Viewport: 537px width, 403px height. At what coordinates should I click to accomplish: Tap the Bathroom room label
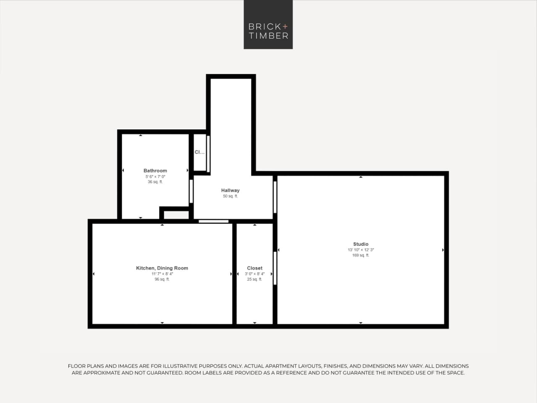(155, 171)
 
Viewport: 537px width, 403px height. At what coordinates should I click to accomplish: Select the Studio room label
(361, 244)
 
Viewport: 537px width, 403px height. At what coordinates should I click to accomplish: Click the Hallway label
(230, 190)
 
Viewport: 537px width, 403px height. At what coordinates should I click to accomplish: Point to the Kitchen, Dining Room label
(162, 268)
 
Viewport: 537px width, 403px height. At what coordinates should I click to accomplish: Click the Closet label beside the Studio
(254, 268)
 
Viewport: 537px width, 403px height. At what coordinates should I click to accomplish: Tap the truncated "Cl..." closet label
(199, 152)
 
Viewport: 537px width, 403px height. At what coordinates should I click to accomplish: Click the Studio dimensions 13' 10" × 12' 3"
(361, 250)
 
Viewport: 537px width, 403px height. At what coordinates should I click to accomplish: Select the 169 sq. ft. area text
(361, 255)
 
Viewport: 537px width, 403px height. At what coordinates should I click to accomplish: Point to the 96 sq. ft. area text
(162, 279)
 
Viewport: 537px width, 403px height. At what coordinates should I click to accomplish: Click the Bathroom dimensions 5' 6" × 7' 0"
(155, 176)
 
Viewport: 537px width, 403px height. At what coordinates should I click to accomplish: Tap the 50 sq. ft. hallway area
(230, 196)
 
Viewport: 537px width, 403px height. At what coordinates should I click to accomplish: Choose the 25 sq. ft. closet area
(254, 279)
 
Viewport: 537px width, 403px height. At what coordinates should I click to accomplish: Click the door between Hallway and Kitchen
(213, 221)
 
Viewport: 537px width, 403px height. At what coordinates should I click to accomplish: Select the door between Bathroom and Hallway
(191, 191)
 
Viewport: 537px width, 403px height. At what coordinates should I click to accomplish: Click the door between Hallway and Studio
(275, 197)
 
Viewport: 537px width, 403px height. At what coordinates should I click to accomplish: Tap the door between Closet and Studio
(275, 268)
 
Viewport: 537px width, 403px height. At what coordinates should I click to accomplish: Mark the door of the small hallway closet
(208, 153)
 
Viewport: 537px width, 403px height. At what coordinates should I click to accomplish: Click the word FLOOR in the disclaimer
(76, 366)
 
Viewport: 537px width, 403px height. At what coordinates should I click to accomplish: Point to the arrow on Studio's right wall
(443, 250)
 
